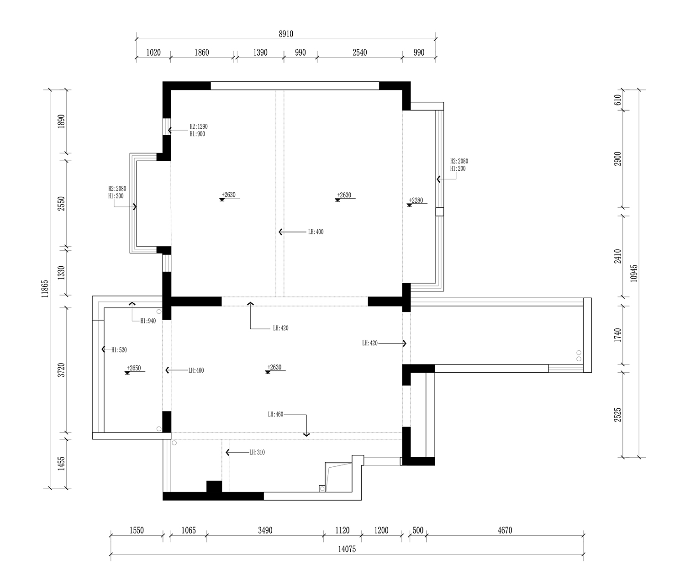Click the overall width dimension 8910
click(286, 34)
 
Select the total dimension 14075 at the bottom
click(347, 549)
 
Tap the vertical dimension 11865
click(45, 289)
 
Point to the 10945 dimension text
click(634, 273)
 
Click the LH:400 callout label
click(316, 232)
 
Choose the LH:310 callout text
click(257, 453)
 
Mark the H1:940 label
click(148, 321)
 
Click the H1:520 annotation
click(119, 350)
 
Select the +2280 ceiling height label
click(416, 200)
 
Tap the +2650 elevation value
click(134, 368)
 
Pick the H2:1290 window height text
click(199, 127)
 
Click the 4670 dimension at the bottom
click(505, 530)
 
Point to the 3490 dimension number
click(265, 530)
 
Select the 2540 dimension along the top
click(359, 53)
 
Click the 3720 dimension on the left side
click(61, 370)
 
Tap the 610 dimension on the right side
click(618, 100)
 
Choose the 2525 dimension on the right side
click(618, 415)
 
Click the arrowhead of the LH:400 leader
click(280, 232)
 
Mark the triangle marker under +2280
click(409, 205)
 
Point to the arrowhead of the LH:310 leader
click(227, 453)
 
